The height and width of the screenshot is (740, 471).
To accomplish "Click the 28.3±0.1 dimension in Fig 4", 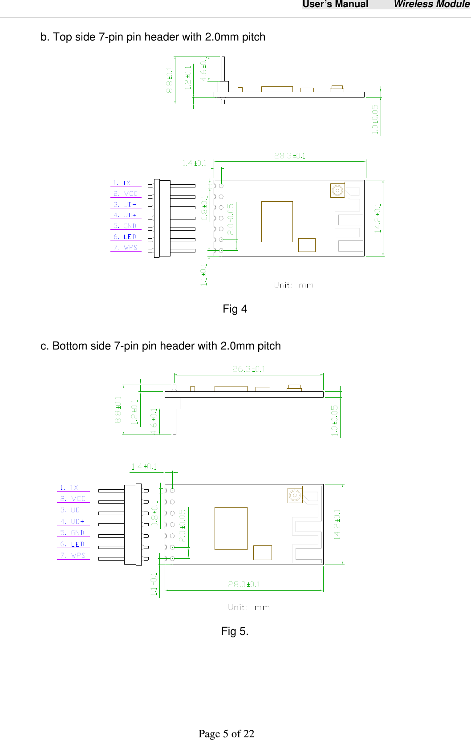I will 289,155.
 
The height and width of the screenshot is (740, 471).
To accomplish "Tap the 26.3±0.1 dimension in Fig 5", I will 248,369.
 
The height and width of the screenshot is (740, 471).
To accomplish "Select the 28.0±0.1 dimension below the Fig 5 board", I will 244,584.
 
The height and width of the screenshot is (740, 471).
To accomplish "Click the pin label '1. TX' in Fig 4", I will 122,183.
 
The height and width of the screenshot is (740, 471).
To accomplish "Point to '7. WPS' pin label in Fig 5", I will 73,555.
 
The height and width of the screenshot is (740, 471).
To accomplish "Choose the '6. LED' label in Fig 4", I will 125,237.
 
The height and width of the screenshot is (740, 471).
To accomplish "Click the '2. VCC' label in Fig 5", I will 73,499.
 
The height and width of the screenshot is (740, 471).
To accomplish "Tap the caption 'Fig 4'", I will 235,309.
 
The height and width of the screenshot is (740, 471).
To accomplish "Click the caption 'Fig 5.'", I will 235,631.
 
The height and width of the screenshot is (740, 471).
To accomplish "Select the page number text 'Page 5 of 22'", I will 226,734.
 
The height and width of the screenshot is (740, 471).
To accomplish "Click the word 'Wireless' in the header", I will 413,4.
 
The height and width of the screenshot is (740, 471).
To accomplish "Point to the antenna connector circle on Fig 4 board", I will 337,191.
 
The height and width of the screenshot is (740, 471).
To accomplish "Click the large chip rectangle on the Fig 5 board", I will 231,528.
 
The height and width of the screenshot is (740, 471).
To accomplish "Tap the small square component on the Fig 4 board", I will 307,245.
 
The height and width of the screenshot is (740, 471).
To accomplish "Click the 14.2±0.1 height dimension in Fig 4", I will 378,218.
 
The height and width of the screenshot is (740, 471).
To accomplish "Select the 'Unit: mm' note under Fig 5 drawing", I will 248,607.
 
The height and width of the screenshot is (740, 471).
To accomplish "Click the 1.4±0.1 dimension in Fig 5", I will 143,467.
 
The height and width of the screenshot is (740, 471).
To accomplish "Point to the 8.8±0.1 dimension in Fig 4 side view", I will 170,80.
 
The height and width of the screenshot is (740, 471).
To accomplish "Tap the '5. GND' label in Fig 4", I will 125,226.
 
